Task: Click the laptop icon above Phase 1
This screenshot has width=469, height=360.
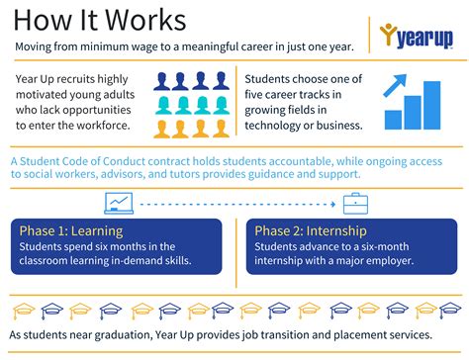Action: click(119, 204)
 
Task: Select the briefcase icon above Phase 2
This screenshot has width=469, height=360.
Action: click(356, 204)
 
